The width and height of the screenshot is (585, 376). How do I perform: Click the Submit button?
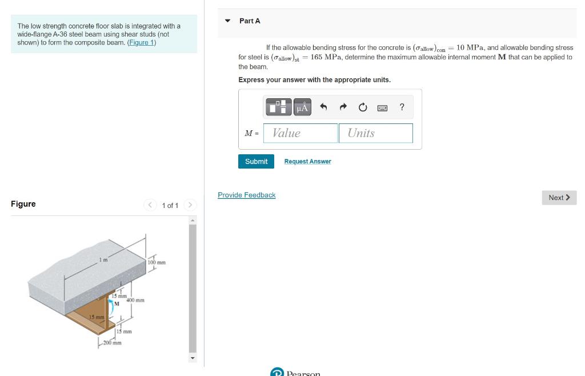click(x=256, y=161)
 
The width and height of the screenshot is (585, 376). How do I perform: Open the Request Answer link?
click(x=307, y=162)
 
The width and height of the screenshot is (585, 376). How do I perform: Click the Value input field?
click(x=300, y=133)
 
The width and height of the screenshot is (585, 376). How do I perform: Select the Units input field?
click(x=375, y=133)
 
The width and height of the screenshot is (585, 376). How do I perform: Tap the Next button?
click(x=559, y=198)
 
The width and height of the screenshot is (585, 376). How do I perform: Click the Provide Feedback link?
click(x=246, y=195)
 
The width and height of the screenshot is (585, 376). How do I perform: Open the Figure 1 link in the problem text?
click(x=142, y=42)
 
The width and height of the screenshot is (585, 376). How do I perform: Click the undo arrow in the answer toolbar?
click(x=323, y=107)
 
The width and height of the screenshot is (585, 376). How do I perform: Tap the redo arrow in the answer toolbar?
click(x=343, y=107)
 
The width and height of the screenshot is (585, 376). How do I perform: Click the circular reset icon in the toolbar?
click(x=362, y=107)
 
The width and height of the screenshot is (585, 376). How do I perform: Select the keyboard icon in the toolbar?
click(x=382, y=107)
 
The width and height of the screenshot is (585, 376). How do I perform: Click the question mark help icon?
click(x=402, y=107)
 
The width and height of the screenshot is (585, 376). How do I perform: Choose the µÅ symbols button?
click(x=302, y=107)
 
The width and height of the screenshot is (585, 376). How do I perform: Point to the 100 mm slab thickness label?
click(x=157, y=263)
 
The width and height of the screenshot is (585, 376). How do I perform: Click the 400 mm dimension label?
click(x=135, y=300)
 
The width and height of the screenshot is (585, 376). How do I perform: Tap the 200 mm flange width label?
click(x=113, y=343)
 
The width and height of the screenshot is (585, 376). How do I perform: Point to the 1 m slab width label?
click(x=103, y=261)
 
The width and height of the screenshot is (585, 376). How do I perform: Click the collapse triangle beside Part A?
click(x=227, y=21)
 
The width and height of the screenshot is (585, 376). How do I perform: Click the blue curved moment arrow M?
click(x=112, y=310)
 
